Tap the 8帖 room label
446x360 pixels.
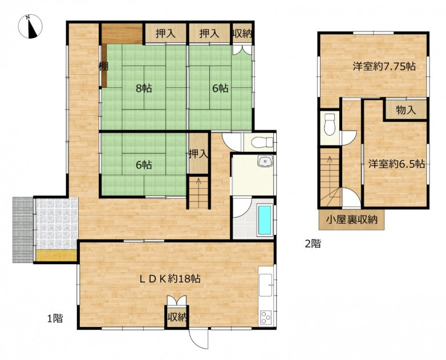click(143, 88)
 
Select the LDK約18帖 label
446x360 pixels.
click(170, 279)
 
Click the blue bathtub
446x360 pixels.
click(265, 220)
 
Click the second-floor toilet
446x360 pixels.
click(329, 123)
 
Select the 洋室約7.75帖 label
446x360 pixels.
click(383, 67)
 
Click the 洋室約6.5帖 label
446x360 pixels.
click(396, 164)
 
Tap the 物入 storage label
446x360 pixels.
click(406, 110)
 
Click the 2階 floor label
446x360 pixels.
click(312, 244)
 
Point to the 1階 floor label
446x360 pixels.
click(54, 319)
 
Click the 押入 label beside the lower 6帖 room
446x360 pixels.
click(198, 153)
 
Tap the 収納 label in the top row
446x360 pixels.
click(242, 34)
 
